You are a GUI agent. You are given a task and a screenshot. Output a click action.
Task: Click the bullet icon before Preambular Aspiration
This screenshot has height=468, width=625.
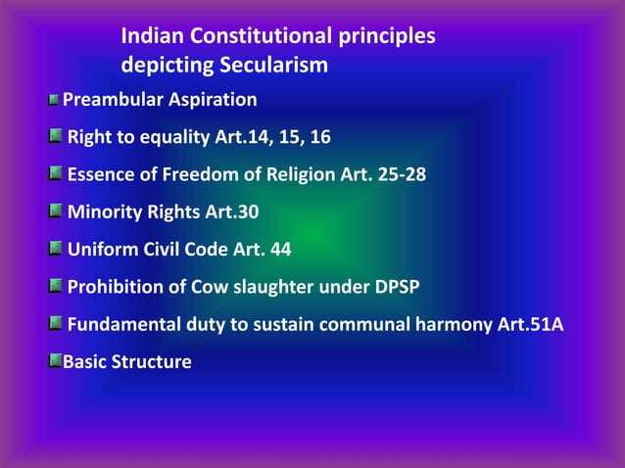55,100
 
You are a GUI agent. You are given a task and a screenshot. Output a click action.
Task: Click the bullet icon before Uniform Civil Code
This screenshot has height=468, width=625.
57,250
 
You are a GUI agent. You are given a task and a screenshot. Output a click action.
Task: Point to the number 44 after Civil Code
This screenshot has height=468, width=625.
280,250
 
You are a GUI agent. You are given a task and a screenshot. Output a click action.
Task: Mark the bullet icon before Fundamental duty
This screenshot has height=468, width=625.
57,325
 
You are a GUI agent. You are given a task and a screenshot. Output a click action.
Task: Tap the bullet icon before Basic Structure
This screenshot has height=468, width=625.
55,362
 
